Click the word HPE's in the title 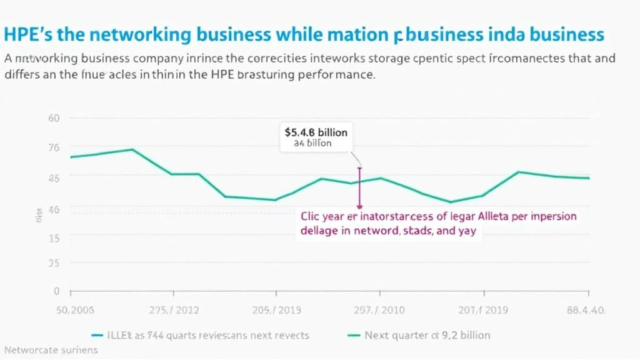(26, 34)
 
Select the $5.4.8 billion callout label (316, 132)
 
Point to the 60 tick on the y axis (54, 118)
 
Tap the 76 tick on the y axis (54, 147)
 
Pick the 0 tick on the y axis (56, 291)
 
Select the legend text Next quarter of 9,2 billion (427, 335)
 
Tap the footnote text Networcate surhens (51, 350)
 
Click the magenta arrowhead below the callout (359, 206)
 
